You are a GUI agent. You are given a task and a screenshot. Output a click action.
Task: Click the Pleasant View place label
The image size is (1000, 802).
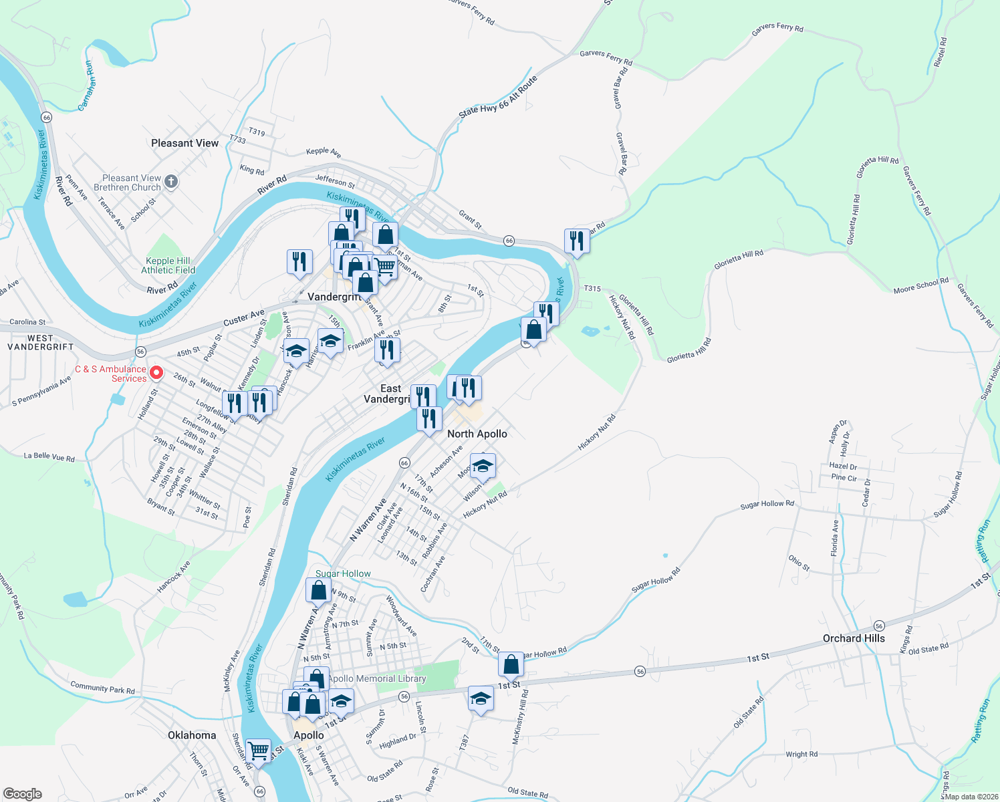pos(184,143)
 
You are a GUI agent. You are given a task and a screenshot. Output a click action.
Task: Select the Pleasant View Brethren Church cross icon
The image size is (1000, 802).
pos(171,182)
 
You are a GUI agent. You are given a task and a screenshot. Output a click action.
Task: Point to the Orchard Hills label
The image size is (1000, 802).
pos(854,638)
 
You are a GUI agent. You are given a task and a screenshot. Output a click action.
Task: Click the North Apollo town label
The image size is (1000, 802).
pos(477,434)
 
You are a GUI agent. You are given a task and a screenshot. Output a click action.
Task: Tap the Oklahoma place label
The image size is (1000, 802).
pos(192,735)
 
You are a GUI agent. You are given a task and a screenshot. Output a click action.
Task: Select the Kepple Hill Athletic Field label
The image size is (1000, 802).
pos(168,265)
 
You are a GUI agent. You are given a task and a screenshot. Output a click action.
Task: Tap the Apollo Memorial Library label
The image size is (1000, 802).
pos(377,678)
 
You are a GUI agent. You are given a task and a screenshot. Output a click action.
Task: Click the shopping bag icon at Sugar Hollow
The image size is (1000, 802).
pos(318,590)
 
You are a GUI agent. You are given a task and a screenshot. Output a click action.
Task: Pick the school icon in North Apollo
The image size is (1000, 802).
pos(482,466)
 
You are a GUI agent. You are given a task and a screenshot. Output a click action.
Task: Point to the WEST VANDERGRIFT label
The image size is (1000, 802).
pos(41,342)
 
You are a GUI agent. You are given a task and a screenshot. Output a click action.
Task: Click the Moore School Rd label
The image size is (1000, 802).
pos(920,286)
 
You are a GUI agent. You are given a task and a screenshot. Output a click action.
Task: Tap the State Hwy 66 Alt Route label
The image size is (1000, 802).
pos(498,98)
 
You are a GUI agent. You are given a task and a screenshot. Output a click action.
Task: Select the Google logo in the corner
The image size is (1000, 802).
pos(22,794)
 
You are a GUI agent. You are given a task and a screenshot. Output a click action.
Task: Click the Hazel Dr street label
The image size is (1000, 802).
pos(843,466)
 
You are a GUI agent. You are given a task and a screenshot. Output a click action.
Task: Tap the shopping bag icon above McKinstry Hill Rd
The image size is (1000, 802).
pos(511,664)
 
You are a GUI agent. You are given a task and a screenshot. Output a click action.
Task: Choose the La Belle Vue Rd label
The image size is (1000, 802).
pos(49,457)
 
